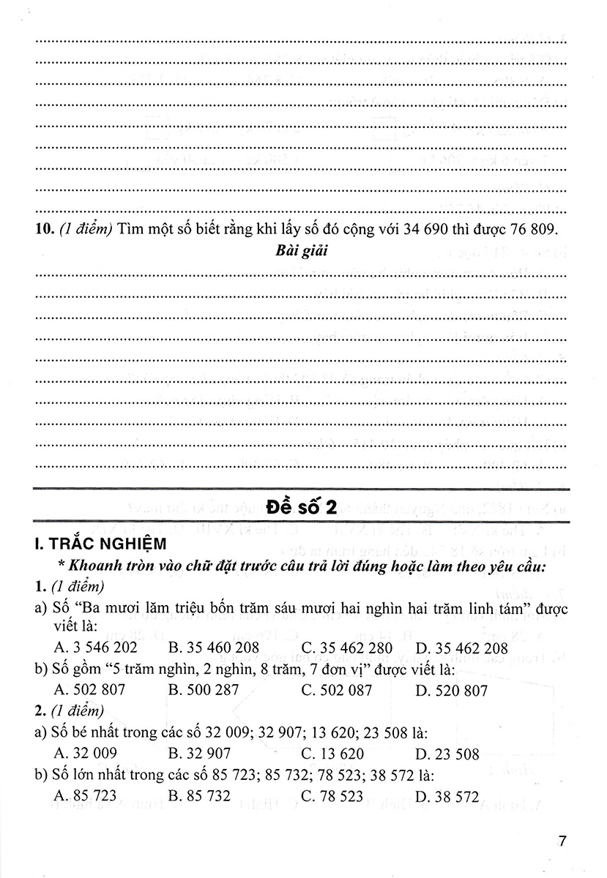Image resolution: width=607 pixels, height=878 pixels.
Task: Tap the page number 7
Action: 562,841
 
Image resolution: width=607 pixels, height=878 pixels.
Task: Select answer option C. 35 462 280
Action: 346,648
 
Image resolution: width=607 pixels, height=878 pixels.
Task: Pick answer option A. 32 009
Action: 86,754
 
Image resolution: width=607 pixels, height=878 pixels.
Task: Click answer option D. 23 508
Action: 447,754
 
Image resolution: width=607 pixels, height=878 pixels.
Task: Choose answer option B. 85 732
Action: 199,796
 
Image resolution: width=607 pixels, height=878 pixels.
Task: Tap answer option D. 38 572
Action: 447,796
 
